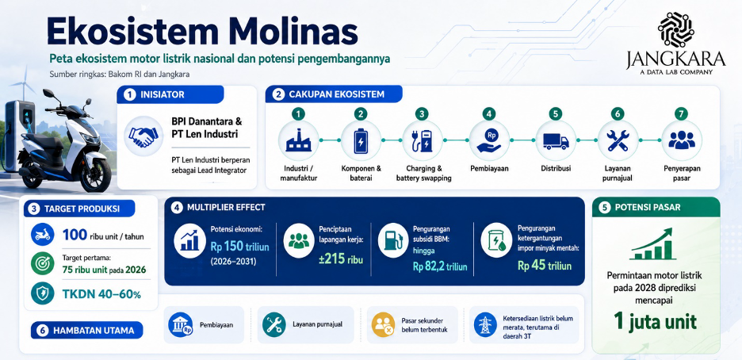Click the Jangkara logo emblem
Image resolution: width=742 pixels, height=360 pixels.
click(675, 29)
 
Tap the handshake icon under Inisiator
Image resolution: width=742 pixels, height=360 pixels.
click(143, 136)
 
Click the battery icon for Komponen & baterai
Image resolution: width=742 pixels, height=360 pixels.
click(361, 140)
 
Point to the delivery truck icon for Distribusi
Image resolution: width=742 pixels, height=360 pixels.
click(556, 141)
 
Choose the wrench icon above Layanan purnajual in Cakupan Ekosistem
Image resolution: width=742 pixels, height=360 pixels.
click(618, 140)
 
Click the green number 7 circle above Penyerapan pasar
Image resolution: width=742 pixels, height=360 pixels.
click(682, 114)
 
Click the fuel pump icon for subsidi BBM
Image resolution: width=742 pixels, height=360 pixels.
click(392, 240)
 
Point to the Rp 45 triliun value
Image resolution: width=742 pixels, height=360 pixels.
click(544, 266)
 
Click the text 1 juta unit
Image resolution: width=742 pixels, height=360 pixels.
click(656, 321)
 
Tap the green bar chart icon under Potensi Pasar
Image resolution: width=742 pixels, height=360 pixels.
click(653, 244)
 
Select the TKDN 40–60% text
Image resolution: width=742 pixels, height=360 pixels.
click(101, 293)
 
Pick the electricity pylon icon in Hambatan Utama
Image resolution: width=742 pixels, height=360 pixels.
click(485, 324)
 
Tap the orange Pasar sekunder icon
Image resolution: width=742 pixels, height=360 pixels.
click(384, 324)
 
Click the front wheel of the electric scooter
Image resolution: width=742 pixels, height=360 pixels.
click(94, 174)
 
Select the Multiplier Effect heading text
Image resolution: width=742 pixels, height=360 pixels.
click(226, 207)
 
